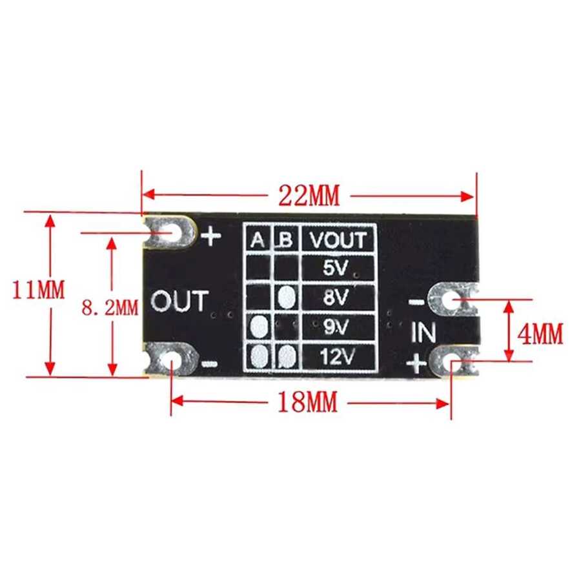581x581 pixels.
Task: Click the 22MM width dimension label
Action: (x=309, y=195)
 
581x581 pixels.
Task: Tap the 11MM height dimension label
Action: (x=39, y=290)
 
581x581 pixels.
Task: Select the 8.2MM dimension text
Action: (x=110, y=307)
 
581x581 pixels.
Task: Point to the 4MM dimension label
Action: (x=540, y=334)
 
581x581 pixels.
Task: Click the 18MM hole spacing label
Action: (x=307, y=402)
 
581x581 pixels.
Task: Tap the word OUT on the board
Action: (x=179, y=300)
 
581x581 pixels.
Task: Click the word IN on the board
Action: (x=423, y=332)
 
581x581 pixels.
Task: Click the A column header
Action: (x=258, y=240)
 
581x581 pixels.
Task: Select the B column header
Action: (x=286, y=240)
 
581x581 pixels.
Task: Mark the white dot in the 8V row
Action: (x=286, y=297)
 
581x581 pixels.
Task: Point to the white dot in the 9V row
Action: (x=259, y=327)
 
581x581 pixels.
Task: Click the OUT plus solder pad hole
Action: (x=171, y=232)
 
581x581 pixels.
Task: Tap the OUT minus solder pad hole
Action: (x=171, y=360)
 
